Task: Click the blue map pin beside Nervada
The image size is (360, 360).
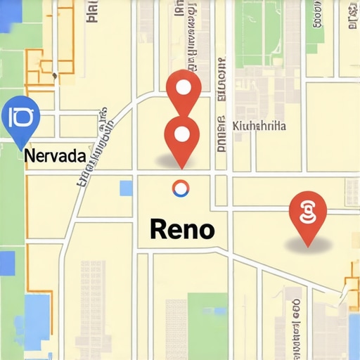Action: tap(21, 119)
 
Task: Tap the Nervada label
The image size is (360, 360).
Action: tap(55, 155)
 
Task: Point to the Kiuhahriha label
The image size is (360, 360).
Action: tap(259, 127)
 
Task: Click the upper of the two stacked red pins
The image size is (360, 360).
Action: tap(184, 91)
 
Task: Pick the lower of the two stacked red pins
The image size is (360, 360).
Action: tap(181, 137)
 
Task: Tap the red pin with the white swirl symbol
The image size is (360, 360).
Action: tap(307, 214)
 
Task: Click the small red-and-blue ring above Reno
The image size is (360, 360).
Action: tap(181, 188)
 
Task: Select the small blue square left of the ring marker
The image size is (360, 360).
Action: tap(126, 188)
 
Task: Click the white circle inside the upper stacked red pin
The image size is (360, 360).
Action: tap(184, 89)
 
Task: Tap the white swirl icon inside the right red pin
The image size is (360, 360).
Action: tap(307, 211)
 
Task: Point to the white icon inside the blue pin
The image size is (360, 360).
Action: tap(20, 115)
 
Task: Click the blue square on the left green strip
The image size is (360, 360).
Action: tap(7, 262)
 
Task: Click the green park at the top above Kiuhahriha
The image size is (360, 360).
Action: tap(257, 32)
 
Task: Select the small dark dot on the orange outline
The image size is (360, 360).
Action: tap(55, 73)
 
